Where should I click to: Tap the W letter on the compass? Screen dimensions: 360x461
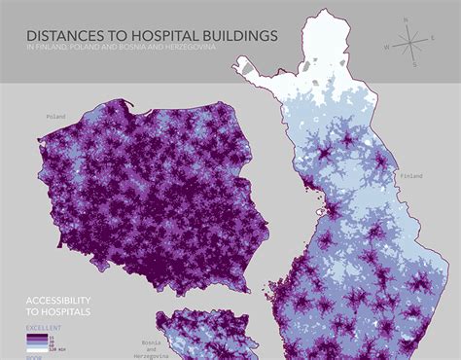pos(388,47)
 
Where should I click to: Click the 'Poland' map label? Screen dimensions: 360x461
pos(55,116)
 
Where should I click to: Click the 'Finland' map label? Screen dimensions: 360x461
pos(412,175)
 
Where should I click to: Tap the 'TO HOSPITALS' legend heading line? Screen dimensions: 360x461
pos(60,313)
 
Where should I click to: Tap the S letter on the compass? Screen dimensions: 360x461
pos(415,65)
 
